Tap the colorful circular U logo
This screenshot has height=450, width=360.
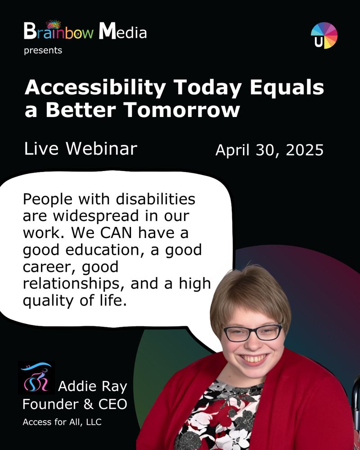(324, 36)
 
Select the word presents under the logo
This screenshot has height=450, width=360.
(43, 50)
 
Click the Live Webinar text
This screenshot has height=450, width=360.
(81, 148)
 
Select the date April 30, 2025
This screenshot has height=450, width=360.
(269, 150)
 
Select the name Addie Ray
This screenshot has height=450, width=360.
(93, 387)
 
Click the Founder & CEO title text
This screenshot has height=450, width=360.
(75, 405)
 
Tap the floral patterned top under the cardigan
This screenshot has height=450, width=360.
(225, 414)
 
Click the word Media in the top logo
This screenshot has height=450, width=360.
(122, 32)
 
